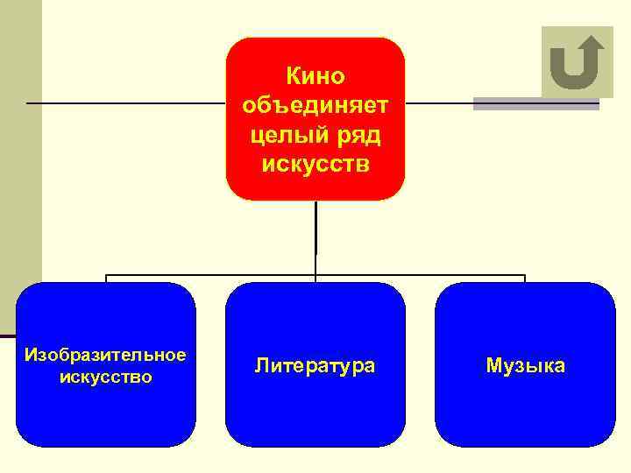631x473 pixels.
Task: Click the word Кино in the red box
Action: (x=315, y=77)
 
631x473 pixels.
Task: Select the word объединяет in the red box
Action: (x=315, y=106)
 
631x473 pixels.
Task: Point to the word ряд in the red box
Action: (x=355, y=135)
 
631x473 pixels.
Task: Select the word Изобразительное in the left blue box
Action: (x=105, y=355)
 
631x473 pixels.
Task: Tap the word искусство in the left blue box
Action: (x=105, y=378)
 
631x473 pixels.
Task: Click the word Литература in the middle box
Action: (x=315, y=365)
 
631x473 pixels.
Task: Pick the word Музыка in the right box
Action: (x=526, y=365)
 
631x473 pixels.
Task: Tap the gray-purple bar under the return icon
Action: (x=535, y=104)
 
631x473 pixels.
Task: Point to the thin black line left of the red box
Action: (x=123, y=102)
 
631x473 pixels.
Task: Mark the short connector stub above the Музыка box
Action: (x=524, y=279)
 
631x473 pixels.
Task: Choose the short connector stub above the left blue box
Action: (x=106, y=279)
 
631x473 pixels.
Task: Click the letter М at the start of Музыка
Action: (x=493, y=365)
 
